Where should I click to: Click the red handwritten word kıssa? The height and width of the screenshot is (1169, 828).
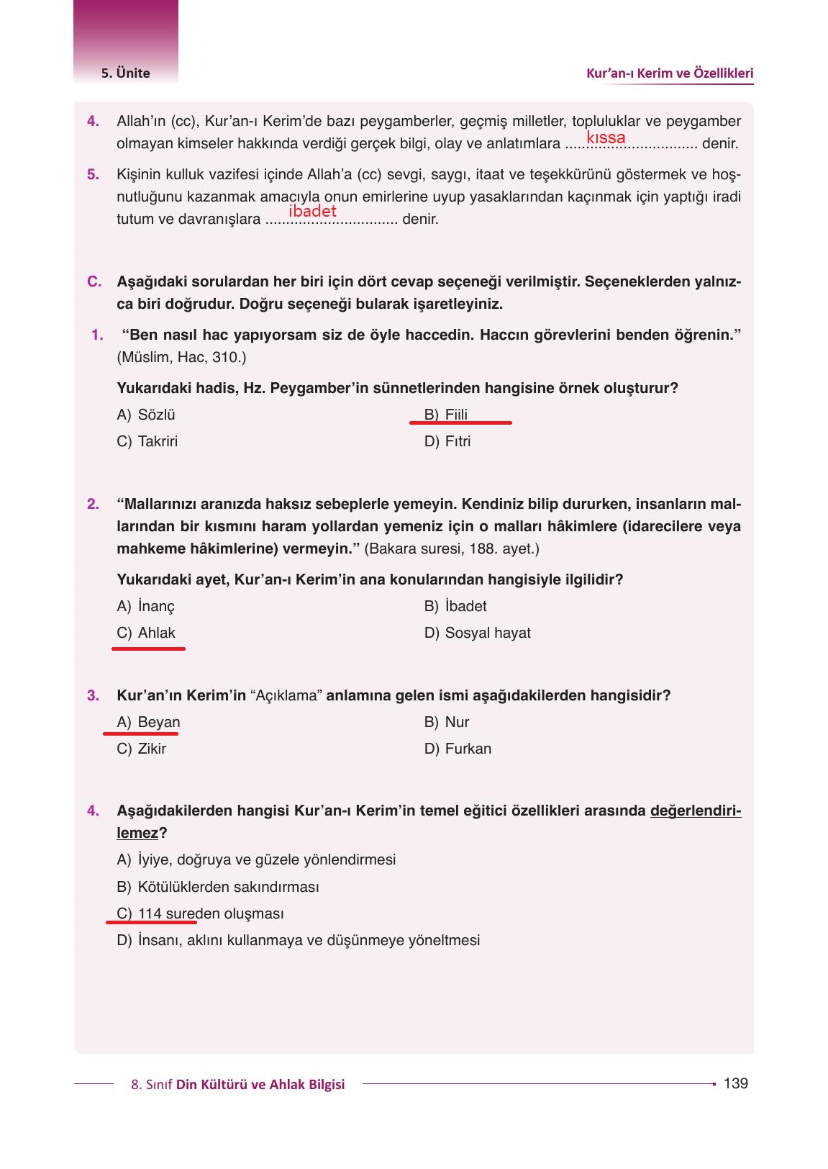click(606, 137)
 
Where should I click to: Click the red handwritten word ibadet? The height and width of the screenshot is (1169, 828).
click(312, 211)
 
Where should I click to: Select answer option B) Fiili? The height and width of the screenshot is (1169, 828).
click(446, 415)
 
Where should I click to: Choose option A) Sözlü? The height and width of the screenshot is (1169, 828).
click(146, 415)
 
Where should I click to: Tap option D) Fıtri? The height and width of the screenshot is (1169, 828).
click(447, 441)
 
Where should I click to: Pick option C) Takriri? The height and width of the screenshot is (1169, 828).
click(147, 441)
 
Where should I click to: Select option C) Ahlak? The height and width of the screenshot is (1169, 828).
click(147, 633)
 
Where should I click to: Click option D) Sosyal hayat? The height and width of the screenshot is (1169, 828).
click(478, 633)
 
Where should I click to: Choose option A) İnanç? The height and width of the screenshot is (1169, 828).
click(146, 606)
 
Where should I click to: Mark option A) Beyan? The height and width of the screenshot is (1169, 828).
click(149, 722)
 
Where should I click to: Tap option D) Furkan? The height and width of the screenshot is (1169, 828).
click(458, 749)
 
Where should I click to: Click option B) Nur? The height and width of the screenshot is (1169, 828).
click(447, 722)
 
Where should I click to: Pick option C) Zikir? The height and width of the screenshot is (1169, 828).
click(142, 749)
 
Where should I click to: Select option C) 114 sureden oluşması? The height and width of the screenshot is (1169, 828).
click(201, 913)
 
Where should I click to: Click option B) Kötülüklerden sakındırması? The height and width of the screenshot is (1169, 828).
click(218, 887)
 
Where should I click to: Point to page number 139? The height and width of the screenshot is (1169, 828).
click(735, 1083)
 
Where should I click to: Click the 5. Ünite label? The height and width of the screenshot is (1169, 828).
click(126, 73)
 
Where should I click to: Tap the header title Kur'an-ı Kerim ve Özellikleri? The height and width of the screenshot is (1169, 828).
click(670, 73)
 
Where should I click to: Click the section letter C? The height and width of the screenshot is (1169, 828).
click(94, 281)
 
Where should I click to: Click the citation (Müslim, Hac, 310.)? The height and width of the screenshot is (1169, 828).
click(181, 357)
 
